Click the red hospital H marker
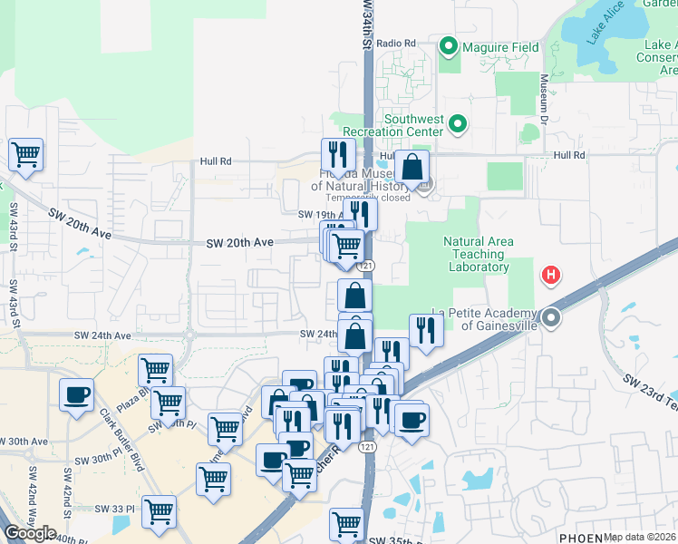(549, 274)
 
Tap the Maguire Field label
(500, 47)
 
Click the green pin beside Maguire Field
(449, 46)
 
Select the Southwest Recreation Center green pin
(458, 124)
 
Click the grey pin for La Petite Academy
(552, 318)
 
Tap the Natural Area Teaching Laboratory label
(478, 254)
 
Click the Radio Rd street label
(395, 43)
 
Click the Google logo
(30, 533)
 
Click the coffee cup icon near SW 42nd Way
(76, 395)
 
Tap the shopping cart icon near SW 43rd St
(26, 155)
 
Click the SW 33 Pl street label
(114, 509)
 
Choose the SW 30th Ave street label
(25, 442)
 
